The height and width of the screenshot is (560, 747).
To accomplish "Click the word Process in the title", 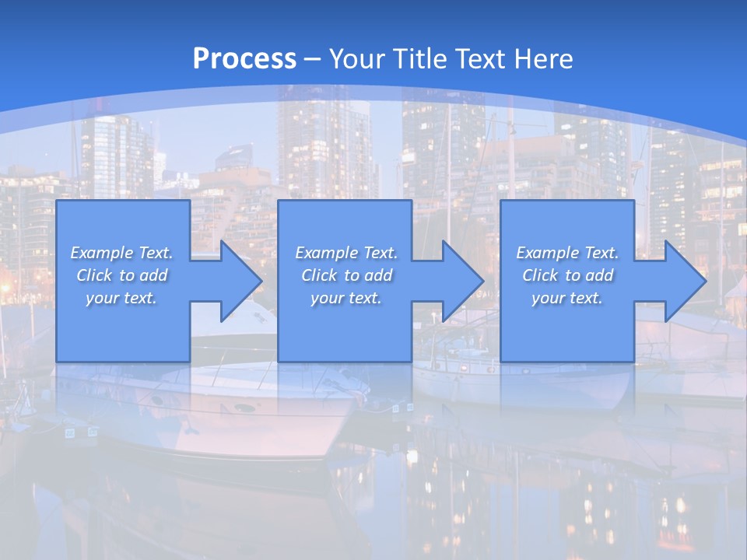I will pyautogui.click(x=244, y=58).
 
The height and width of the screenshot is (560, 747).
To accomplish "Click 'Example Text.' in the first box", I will pyautogui.click(x=121, y=253).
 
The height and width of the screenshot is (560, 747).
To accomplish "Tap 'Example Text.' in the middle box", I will pyautogui.click(x=346, y=253).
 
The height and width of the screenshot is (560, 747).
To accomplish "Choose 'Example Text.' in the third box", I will pyautogui.click(x=567, y=253).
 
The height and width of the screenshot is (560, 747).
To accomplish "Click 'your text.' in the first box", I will pyautogui.click(x=121, y=298).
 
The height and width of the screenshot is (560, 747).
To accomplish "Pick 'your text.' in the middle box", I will pyautogui.click(x=346, y=298).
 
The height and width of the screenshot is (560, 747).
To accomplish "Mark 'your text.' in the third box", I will pyautogui.click(x=567, y=298).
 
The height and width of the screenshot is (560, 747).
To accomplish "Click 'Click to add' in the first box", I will pyautogui.click(x=121, y=275).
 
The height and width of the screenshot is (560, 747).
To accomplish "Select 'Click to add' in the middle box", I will pyautogui.click(x=346, y=275).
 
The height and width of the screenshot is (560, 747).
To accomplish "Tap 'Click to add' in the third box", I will pyautogui.click(x=567, y=275).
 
